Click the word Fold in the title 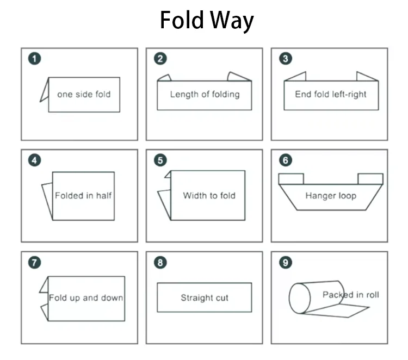(182, 21)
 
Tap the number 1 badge (35, 59)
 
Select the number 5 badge (160, 160)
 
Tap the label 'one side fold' (84, 94)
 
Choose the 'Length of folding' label (205, 94)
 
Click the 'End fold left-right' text (331, 94)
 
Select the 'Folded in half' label (84, 195)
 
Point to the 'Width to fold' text (209, 195)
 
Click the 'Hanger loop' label (331, 195)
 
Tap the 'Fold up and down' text (86, 297)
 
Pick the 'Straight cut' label (205, 297)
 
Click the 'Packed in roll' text (350, 295)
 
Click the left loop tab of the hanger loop (291, 179)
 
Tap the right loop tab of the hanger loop (370, 179)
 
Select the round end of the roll (298, 299)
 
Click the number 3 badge (285, 59)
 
